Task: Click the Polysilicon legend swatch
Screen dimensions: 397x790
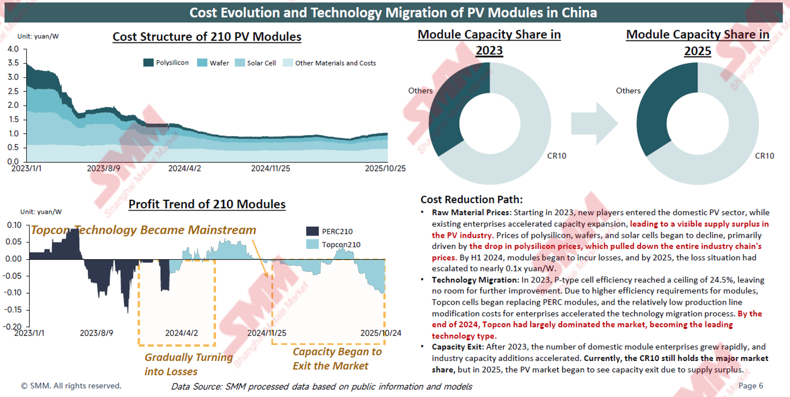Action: (x=148, y=63)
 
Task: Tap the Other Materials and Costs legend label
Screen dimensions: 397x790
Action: (x=335, y=63)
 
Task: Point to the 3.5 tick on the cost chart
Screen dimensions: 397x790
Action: (x=13, y=63)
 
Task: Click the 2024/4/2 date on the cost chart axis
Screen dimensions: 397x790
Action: (x=184, y=169)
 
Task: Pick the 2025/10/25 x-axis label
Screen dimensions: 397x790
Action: (x=385, y=169)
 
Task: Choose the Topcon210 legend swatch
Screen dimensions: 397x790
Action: (x=312, y=244)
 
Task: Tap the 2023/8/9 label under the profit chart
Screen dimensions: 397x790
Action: (x=96, y=333)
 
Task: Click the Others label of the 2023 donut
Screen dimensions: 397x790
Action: (x=420, y=91)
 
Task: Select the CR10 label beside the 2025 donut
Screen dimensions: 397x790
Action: (x=764, y=156)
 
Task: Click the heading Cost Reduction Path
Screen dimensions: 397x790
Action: (x=471, y=200)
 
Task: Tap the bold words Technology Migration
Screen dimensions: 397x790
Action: (x=474, y=280)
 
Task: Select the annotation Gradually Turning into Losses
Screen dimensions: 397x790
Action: (x=188, y=364)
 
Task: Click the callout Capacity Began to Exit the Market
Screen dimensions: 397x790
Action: (x=337, y=359)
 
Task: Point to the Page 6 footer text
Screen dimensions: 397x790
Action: (x=750, y=386)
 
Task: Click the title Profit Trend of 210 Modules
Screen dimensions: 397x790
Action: (x=207, y=204)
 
